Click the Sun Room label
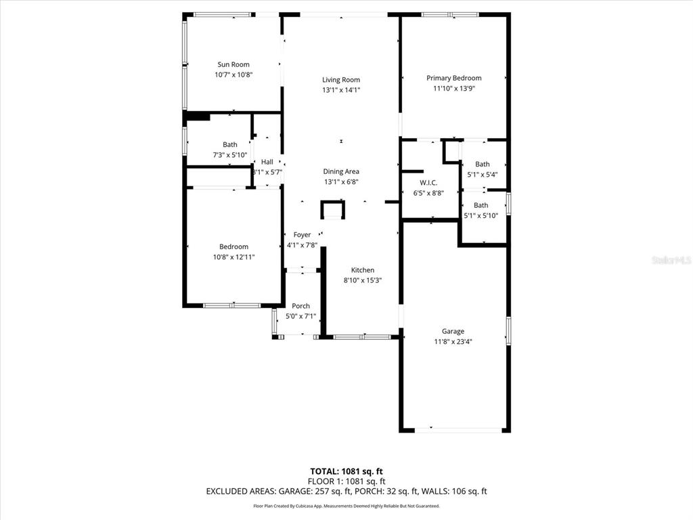[233, 65]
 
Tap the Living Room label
[341, 80]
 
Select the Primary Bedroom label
[453, 79]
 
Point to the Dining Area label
[341, 172]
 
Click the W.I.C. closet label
[428, 183]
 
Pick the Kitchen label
[362, 270]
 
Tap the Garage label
[453, 332]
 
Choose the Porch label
[300, 307]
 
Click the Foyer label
[302, 235]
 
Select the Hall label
[267, 162]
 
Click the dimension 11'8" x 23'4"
[453, 342]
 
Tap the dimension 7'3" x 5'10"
[230, 155]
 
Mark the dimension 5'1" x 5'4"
[483, 175]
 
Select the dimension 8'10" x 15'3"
[363, 280]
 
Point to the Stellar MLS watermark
[671, 259]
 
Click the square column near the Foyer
[332, 211]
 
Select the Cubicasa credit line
[346, 506]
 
